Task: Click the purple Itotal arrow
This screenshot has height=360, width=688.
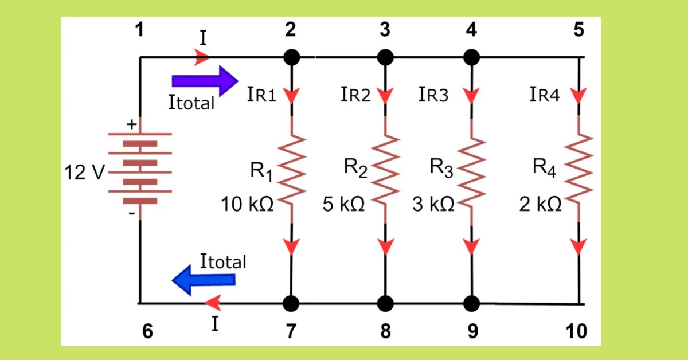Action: click(x=204, y=81)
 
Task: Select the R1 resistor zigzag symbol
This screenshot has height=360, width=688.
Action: click(x=292, y=170)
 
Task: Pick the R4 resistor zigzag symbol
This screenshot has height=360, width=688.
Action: click(x=578, y=170)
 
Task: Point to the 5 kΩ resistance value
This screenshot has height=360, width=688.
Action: click(x=344, y=204)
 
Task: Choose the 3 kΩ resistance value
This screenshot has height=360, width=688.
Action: click(x=433, y=204)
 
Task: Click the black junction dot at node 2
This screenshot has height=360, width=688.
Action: click(x=292, y=57)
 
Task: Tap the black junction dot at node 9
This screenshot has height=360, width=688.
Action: click(x=471, y=302)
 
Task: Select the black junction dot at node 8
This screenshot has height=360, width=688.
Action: click(x=385, y=302)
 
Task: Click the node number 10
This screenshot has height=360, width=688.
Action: click(x=576, y=331)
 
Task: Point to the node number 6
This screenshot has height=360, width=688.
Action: click(x=147, y=331)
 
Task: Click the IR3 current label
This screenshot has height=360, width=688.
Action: click(x=433, y=96)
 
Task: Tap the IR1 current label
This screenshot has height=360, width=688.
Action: click(x=261, y=96)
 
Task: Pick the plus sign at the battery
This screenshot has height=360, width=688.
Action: click(x=132, y=123)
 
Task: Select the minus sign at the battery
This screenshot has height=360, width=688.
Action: click(x=131, y=214)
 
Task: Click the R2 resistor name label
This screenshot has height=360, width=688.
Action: click(x=355, y=167)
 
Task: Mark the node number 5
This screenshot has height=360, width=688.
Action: click(x=579, y=30)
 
